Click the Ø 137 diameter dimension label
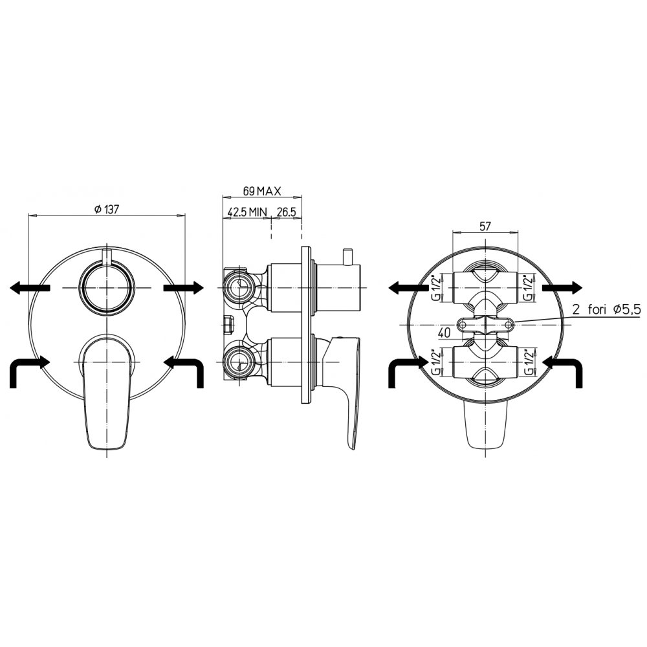(107, 209)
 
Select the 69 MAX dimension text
(261, 191)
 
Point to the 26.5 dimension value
(287, 212)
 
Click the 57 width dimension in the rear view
(485, 226)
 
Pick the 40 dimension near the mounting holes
(444, 333)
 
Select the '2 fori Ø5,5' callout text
(606, 310)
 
